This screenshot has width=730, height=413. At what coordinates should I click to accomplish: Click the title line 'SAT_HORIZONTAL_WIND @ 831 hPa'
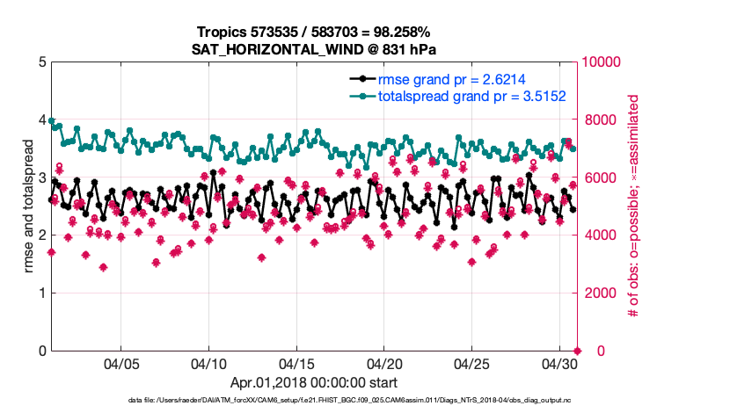(313, 49)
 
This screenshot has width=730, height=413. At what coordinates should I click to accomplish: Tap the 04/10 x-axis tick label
(208, 364)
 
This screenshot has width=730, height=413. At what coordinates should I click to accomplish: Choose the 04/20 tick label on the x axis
(384, 364)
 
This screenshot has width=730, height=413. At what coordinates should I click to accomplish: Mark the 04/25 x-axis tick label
(472, 364)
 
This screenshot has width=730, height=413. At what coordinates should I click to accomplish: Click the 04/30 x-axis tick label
(559, 364)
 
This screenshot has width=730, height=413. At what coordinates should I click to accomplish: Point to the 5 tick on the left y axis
(40, 62)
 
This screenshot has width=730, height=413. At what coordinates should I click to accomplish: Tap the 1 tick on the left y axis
(40, 293)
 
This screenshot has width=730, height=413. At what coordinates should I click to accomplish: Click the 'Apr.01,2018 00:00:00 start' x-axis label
(313, 383)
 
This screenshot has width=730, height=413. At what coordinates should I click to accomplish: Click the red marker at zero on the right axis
(576, 350)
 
